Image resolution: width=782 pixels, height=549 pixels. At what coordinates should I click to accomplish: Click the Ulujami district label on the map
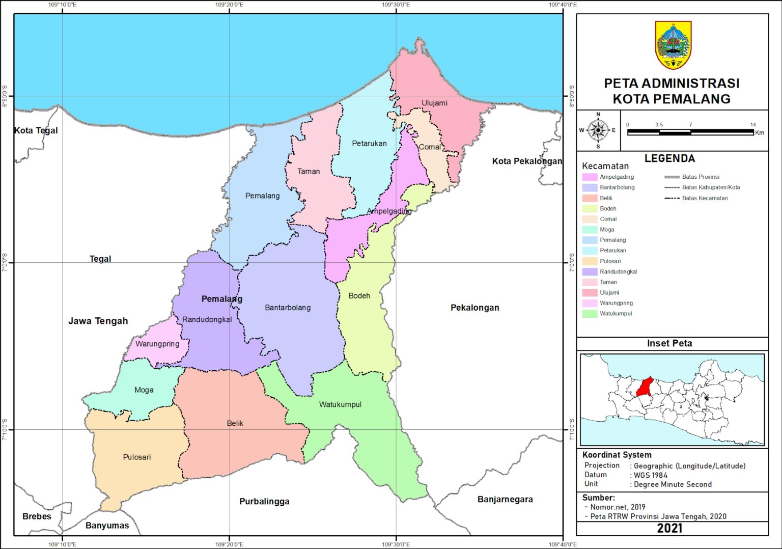pyautogui.click(x=434, y=103)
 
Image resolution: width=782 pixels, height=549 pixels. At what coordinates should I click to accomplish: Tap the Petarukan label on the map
pyautogui.click(x=369, y=144)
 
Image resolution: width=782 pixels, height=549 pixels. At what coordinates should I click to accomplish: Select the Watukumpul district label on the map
pyautogui.click(x=340, y=404)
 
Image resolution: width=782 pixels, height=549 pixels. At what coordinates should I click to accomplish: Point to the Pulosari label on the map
pyautogui.click(x=137, y=457)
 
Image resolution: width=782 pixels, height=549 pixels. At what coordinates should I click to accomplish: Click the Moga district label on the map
pyautogui.click(x=144, y=390)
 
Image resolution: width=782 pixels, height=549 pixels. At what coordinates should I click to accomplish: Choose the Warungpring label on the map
pyautogui.click(x=157, y=344)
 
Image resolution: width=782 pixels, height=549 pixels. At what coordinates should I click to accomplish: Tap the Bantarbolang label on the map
pyautogui.click(x=288, y=308)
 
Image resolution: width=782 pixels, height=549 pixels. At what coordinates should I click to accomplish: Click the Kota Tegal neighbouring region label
pyautogui.click(x=36, y=130)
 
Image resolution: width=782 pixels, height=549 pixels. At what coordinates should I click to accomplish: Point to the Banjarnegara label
pyautogui.click(x=505, y=499)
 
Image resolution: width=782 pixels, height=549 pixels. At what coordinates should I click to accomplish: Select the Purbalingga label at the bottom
pyautogui.click(x=264, y=501)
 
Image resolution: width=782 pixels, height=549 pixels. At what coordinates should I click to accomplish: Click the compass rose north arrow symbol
pyautogui.click(x=598, y=130)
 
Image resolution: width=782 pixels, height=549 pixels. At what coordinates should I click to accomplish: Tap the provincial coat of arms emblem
pyautogui.click(x=673, y=45)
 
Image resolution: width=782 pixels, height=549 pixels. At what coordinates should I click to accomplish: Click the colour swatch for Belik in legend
pyautogui.click(x=590, y=198)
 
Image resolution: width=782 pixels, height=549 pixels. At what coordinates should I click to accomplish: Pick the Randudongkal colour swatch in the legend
pyautogui.click(x=590, y=272)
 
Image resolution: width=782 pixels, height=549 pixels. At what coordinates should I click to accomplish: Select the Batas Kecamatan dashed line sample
pyautogui.click(x=672, y=198)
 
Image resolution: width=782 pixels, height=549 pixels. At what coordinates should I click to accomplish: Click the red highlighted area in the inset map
pyautogui.click(x=645, y=387)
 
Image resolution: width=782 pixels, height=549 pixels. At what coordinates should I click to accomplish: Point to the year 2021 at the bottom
pyautogui.click(x=669, y=528)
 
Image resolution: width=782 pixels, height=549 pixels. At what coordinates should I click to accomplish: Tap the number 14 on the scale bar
pyautogui.click(x=752, y=125)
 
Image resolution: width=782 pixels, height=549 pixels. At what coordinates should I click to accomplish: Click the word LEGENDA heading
pyautogui.click(x=669, y=158)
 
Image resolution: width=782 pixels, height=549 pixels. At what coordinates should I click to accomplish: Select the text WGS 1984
pyautogui.click(x=651, y=475)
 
